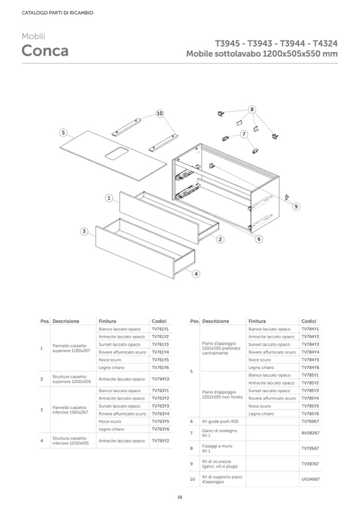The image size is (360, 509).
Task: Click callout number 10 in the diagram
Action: point(159,113)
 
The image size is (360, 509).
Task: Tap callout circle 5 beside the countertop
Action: point(63,132)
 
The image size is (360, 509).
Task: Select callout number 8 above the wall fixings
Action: point(252,109)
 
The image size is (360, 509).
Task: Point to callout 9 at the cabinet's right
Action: point(296,206)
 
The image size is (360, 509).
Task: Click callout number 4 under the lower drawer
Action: point(196,274)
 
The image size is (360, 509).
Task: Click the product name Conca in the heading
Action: point(45,51)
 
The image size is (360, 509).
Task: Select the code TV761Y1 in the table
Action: point(160,329)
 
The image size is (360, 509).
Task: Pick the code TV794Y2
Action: point(160,379)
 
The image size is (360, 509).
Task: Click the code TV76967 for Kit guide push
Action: point(311,421)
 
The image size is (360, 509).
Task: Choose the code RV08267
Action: point(311,433)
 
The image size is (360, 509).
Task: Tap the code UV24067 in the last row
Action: point(311,479)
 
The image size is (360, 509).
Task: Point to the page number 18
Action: point(180,497)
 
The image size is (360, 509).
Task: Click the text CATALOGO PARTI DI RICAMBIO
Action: point(50,13)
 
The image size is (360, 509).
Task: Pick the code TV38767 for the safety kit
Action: point(311,463)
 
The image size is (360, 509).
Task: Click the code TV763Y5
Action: point(160,421)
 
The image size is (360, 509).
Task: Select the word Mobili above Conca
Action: point(33,36)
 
